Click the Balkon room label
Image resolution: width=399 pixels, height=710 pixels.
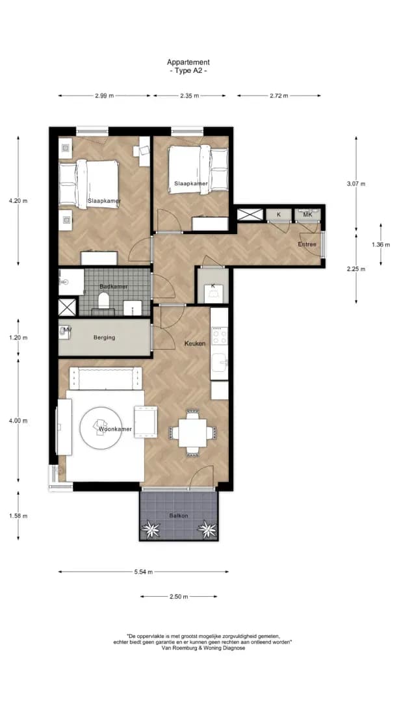[x=179, y=516]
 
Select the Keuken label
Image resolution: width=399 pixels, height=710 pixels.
[x=195, y=344]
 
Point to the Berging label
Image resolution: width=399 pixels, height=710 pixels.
[x=105, y=337]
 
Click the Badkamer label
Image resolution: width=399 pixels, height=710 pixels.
[x=114, y=287]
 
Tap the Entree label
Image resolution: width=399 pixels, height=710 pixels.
[x=307, y=244]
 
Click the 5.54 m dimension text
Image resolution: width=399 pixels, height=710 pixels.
[x=144, y=572]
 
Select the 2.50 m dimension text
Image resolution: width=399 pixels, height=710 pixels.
[x=179, y=597]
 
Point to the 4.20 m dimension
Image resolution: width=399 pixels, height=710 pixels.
[x=18, y=201]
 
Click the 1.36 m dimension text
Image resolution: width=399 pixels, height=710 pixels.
[x=380, y=244]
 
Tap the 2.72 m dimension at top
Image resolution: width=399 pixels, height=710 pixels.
[x=279, y=96]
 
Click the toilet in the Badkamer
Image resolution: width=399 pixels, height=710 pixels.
[x=104, y=300]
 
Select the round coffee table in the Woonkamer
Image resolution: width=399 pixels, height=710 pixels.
[x=101, y=428]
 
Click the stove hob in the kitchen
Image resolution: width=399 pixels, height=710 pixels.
[x=220, y=335]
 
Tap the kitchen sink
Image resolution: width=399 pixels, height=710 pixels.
[x=220, y=362]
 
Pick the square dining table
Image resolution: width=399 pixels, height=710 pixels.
[x=192, y=432]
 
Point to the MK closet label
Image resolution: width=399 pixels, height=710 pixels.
[x=308, y=215]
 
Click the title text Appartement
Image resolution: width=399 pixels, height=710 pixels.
[x=188, y=62]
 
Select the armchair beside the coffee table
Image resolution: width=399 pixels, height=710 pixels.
[x=146, y=422]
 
